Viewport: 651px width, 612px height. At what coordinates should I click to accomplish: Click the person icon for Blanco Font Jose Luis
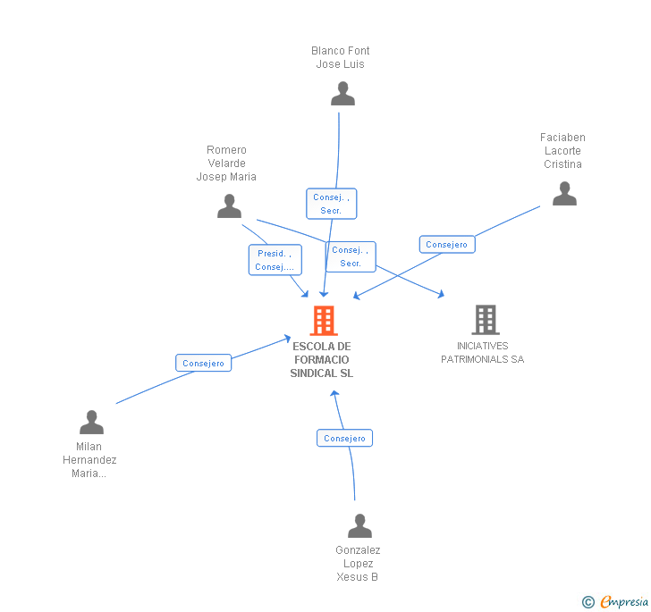(342, 94)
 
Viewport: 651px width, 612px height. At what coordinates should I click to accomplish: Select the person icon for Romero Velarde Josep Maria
(230, 206)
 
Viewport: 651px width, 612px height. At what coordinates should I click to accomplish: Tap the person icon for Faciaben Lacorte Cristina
(564, 194)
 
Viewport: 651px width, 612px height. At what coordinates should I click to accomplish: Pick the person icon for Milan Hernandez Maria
(91, 423)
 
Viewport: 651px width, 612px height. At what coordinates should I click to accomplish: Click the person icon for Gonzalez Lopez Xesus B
(359, 525)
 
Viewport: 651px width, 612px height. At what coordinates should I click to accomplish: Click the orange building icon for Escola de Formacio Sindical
(324, 320)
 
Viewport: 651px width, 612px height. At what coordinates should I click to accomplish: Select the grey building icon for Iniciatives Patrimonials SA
(486, 319)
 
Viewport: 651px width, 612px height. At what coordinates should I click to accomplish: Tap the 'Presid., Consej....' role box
(275, 260)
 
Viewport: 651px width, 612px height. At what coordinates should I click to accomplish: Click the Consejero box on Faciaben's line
(446, 245)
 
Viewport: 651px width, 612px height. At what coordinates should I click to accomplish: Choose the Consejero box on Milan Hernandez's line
(203, 363)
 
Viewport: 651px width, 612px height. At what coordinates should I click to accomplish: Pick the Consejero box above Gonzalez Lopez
(344, 439)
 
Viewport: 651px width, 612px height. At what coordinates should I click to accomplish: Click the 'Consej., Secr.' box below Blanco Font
(332, 204)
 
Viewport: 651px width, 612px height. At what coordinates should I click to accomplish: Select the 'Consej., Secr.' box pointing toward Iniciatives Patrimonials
(351, 256)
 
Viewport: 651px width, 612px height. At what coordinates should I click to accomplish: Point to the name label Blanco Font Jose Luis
(341, 57)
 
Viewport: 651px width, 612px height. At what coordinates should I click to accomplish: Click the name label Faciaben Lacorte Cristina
(562, 151)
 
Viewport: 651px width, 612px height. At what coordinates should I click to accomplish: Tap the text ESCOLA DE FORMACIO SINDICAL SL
(322, 359)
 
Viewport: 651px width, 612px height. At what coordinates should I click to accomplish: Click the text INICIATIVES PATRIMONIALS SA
(482, 353)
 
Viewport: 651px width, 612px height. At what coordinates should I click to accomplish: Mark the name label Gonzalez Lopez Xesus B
(358, 564)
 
